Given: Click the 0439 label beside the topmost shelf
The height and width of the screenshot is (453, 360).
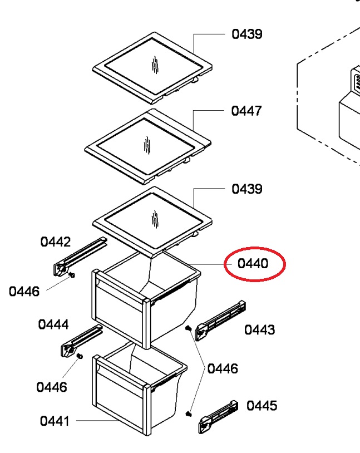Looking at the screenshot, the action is tap(247, 34).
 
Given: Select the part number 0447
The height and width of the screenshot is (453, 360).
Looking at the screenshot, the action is tap(246, 111).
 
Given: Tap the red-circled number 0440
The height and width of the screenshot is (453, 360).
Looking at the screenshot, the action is tap(253, 263).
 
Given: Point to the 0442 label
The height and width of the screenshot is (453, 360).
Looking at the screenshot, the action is tap(56, 242).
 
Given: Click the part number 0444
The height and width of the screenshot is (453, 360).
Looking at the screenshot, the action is tap(53, 324).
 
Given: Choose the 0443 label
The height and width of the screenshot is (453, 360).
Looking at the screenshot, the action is tap(259, 329).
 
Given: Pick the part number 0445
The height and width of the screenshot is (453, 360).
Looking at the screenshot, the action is tap(262, 406).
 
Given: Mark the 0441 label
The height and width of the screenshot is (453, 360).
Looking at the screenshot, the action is tap(55, 421).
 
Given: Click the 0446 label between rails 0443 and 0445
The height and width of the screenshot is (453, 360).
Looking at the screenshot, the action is tap(223, 368).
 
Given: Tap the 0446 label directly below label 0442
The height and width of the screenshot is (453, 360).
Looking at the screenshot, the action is tap(24, 292).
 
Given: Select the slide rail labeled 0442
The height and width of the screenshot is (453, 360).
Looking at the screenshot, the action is tap(80, 257).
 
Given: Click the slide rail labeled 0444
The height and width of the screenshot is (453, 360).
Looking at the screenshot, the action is tap(82, 341).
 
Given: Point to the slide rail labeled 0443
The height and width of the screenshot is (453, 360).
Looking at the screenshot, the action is tap(220, 321).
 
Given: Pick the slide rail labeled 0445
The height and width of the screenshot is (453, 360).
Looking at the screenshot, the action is tap(218, 417).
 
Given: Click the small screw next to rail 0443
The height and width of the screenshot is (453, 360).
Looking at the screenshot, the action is tap(189, 328).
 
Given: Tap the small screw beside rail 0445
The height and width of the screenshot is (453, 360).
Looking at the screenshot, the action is tap(189, 413).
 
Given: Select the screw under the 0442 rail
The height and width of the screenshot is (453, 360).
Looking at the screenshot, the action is tap(72, 274).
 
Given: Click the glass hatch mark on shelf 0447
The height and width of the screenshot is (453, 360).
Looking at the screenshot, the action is tap(147, 145).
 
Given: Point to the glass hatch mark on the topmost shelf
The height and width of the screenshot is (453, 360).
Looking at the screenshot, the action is tap(155, 65).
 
